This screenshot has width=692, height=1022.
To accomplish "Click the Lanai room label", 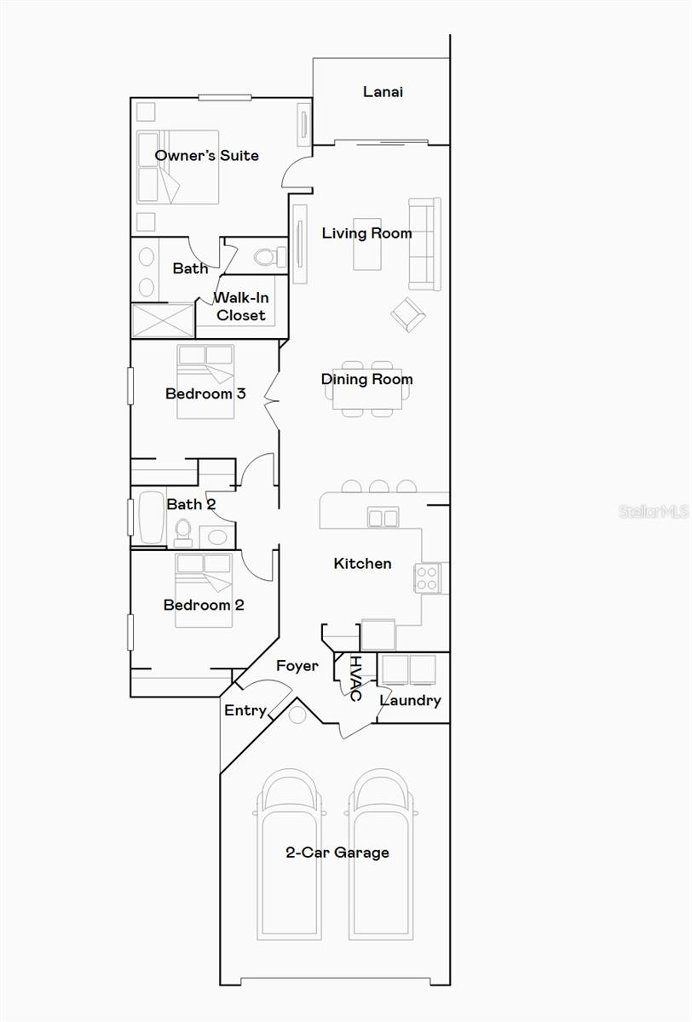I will pyautogui.click(x=383, y=91).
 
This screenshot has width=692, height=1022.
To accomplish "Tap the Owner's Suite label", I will pyautogui.click(x=206, y=155).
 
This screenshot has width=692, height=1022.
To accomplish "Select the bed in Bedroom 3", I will pyautogui.click(x=205, y=381).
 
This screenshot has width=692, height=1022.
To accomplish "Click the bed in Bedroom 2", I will pyautogui.click(x=204, y=589).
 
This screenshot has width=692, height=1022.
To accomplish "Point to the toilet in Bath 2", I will pyautogui.click(x=183, y=532).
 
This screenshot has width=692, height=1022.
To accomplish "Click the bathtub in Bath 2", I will pyautogui.click(x=151, y=516).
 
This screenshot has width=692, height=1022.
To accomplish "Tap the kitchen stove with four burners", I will pyautogui.click(x=427, y=578).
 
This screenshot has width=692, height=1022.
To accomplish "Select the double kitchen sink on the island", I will pyautogui.click(x=383, y=517).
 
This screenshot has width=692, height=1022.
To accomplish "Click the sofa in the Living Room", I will pyautogui.click(x=424, y=244).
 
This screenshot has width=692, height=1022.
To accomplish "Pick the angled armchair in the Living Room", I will pyautogui.click(x=408, y=314).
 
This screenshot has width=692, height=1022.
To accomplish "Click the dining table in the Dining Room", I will pyautogui.click(x=368, y=388).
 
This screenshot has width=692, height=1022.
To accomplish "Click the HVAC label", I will pyautogui.click(x=355, y=678).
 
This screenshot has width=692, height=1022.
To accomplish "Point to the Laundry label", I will pyautogui.click(x=410, y=700).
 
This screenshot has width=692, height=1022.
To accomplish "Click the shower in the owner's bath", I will pyautogui.click(x=162, y=320).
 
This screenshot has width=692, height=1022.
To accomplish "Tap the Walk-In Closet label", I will pyautogui.click(x=240, y=307).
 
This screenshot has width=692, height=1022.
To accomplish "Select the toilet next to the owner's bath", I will pyautogui.click(x=269, y=256).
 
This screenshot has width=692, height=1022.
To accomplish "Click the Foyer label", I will pyautogui.click(x=297, y=666).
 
